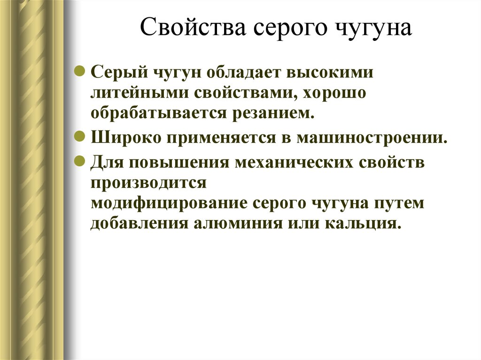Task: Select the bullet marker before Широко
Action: click(81, 137)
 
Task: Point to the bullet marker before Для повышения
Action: click(81, 162)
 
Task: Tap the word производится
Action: click(148, 183)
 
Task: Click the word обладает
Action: click(242, 73)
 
